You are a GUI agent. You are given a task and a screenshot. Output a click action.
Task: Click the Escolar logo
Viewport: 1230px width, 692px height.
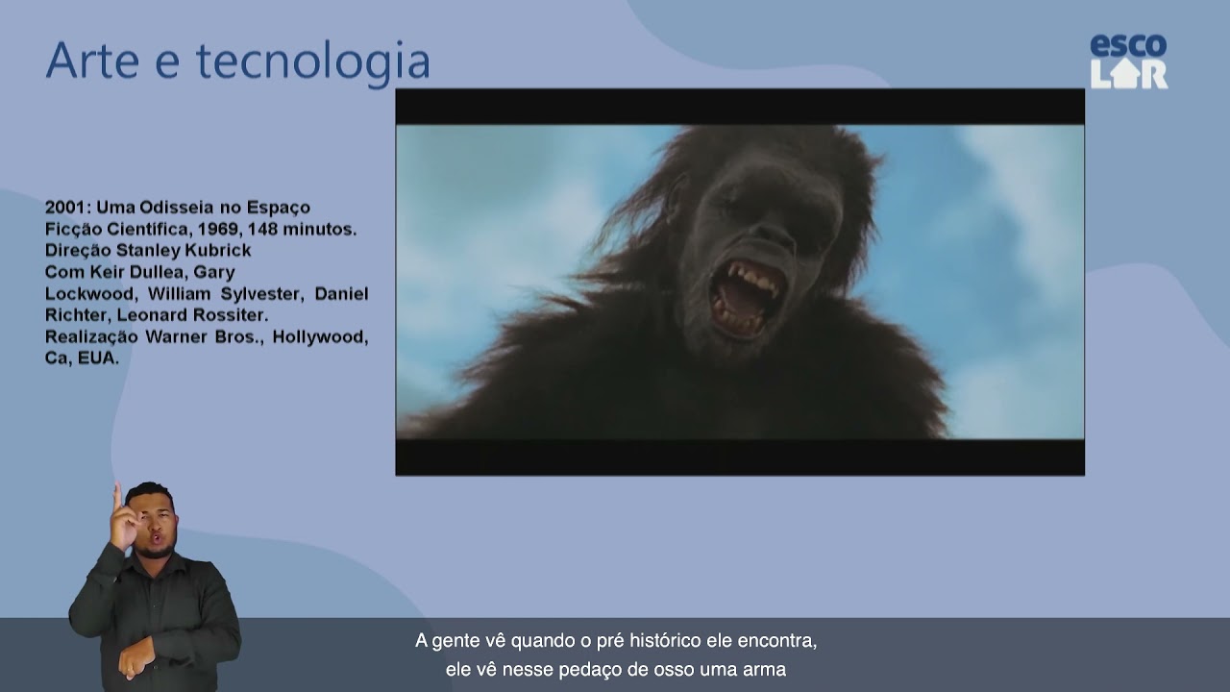(1128, 62)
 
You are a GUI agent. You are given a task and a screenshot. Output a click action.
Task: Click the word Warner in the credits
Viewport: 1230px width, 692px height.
(176, 337)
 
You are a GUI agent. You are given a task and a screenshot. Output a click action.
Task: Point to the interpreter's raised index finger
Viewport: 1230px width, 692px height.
(117, 495)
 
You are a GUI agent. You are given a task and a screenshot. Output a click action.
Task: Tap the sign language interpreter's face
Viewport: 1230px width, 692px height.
(153, 522)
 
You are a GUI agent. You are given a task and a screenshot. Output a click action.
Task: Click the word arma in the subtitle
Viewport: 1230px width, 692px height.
(765, 670)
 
